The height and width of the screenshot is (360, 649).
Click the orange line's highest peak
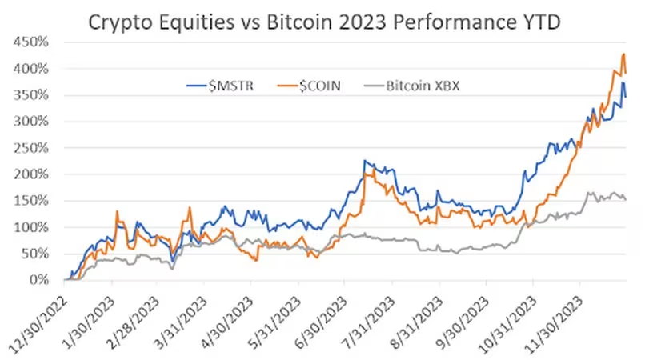coord(623,54)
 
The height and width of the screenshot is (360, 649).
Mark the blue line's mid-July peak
coord(365,161)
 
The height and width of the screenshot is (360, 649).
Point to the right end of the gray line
coord(625,199)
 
